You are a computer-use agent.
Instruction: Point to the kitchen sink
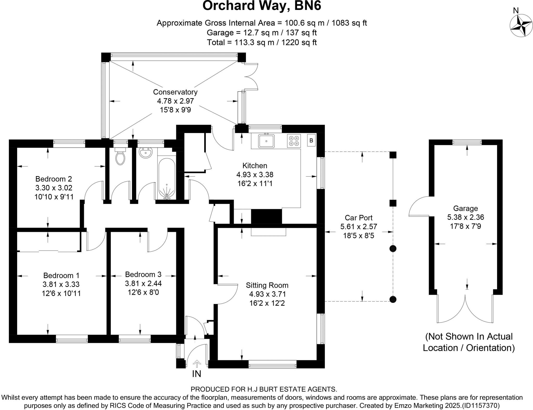(x=266, y=141)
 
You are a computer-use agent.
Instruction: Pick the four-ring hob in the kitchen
(x=294, y=141)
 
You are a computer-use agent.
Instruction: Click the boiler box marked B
(x=311, y=140)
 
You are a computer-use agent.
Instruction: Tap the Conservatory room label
(x=175, y=92)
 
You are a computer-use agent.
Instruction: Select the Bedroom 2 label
(x=54, y=179)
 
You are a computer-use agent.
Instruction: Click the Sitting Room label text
(x=267, y=285)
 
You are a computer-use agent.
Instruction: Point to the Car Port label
(x=359, y=218)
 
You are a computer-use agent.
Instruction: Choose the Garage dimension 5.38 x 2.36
(x=466, y=217)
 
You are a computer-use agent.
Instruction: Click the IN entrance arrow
(x=197, y=363)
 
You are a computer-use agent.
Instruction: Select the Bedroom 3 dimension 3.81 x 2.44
(x=143, y=283)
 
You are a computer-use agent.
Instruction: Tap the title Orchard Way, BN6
(x=262, y=6)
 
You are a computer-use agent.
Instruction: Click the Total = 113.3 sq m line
(x=262, y=42)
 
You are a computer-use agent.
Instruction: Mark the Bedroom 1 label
(x=61, y=276)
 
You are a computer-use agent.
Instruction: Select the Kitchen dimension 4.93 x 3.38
(x=255, y=175)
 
